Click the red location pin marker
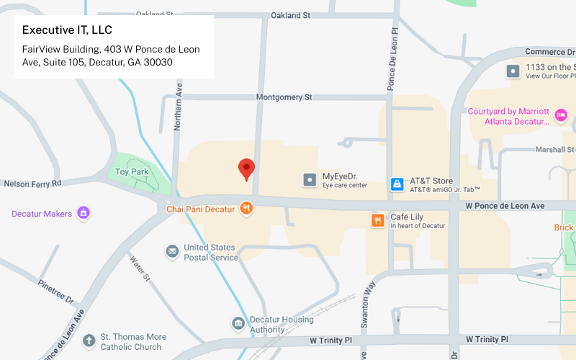(247, 168)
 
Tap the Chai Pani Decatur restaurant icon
(246, 209)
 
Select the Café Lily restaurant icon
(377, 220)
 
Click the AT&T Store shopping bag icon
(397, 184)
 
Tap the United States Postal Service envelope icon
(172, 251)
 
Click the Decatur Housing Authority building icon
(238, 324)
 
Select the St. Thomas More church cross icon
(89, 341)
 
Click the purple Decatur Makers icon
(84, 213)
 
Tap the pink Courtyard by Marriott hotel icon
(561, 115)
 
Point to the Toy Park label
(132, 172)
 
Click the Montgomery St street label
(284, 96)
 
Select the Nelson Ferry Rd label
(33, 184)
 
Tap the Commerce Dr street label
(549, 52)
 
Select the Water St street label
(139, 267)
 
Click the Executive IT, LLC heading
(67, 30)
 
